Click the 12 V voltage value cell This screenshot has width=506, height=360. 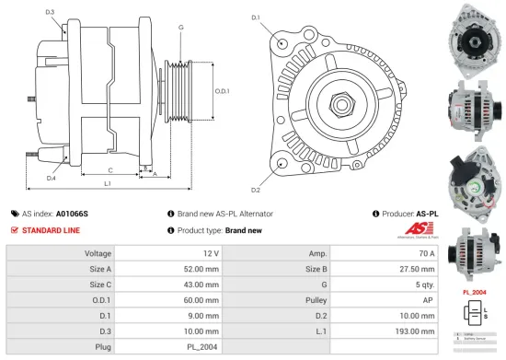pyautogui.click(x=211, y=252)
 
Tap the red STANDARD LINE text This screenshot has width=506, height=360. pyautogui.click(x=52, y=229)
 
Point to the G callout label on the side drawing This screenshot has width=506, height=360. pyautogui.click(x=180, y=28)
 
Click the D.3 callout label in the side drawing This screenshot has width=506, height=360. pyautogui.click(x=49, y=12)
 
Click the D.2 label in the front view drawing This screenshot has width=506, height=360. pyautogui.click(x=256, y=190)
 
